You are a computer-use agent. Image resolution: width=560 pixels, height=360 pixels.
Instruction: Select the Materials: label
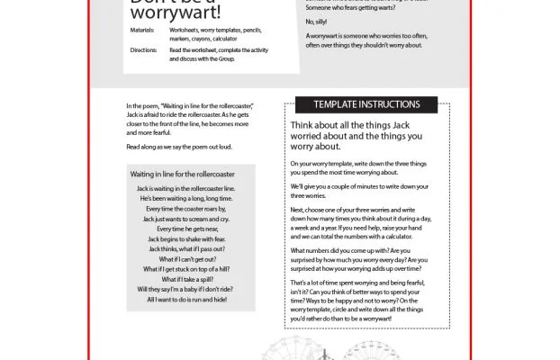[144, 29]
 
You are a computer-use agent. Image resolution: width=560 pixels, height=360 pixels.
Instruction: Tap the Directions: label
[144, 50]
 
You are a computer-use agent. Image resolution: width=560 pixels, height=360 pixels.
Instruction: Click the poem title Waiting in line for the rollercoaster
[183, 172]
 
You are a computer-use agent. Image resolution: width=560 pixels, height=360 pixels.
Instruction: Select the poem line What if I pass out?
[189, 248]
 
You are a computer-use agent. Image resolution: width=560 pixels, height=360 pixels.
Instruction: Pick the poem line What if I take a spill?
[189, 279]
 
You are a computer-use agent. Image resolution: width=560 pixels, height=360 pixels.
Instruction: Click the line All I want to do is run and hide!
[189, 300]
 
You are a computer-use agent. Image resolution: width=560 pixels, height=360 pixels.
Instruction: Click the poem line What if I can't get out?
[189, 258]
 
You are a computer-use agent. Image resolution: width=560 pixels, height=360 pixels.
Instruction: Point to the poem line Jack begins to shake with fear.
[189, 238]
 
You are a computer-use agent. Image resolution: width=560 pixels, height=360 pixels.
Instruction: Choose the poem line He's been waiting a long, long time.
[189, 198]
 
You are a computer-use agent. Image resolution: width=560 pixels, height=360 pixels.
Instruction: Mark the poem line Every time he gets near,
[189, 229]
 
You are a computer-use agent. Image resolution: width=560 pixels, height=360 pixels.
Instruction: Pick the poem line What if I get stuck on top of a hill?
[189, 269]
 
